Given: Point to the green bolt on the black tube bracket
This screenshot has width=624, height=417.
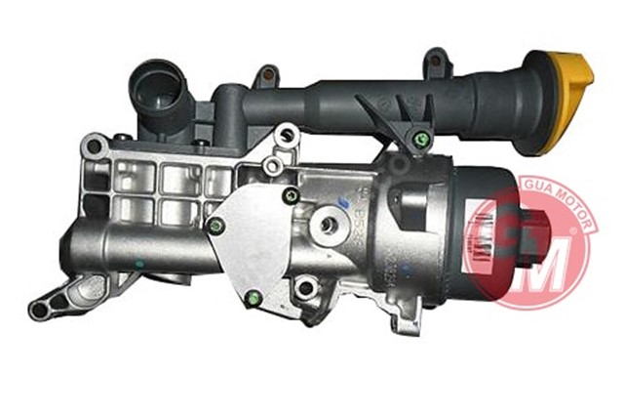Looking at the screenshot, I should coord(420,140).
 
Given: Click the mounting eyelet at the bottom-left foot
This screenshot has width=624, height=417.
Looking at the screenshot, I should coord(40,310).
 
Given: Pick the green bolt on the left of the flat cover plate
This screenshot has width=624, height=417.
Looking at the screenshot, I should coord(216,227).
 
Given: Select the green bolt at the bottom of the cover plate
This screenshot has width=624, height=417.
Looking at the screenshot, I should coord(254,299).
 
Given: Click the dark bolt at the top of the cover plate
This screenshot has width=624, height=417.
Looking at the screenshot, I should coord(289,196).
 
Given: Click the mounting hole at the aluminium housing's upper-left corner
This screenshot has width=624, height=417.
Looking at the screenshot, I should coord(94,146).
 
